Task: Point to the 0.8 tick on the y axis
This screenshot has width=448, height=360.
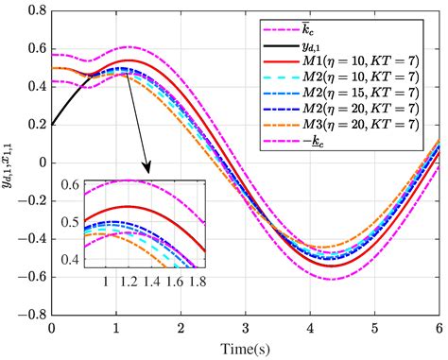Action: click(35, 10)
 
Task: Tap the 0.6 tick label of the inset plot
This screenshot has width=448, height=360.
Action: click(71, 184)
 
